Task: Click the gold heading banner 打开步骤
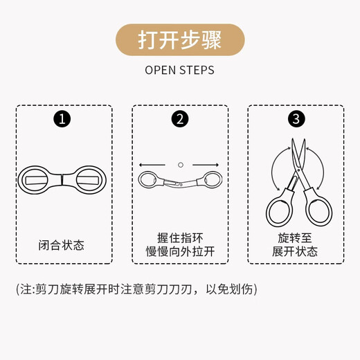179,39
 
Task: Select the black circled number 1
64,118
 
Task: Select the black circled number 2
180,118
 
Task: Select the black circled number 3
296,118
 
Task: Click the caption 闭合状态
64,245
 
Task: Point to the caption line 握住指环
180,237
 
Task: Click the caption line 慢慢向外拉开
180,251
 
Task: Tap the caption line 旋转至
296,237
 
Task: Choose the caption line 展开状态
296,251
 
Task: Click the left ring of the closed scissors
41,180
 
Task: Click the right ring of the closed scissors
87,180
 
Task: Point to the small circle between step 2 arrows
180,165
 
